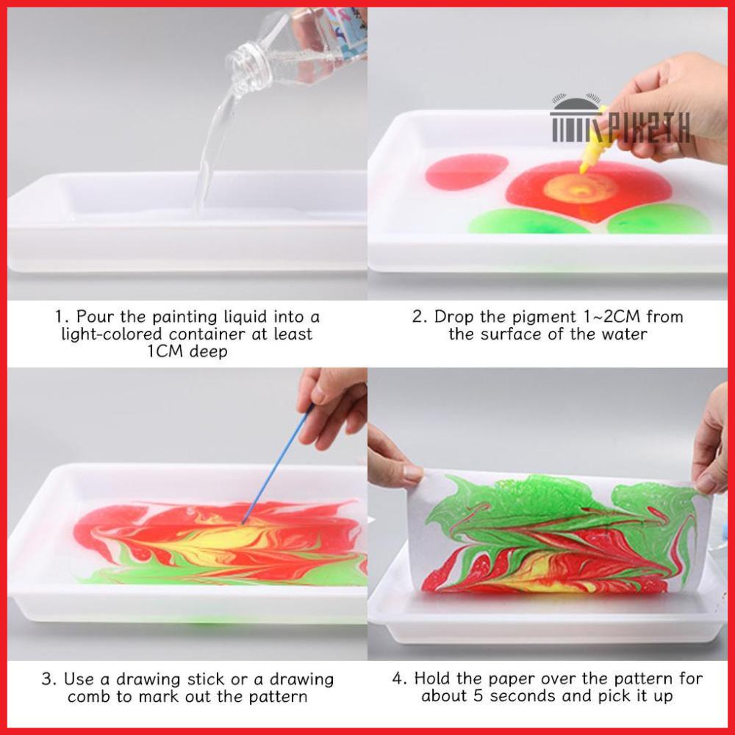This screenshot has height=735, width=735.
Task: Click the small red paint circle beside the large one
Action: (467, 172)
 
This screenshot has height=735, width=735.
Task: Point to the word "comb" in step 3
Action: (88, 697)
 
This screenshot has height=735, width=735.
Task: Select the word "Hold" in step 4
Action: (433, 678)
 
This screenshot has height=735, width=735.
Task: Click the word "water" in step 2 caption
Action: (624, 334)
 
